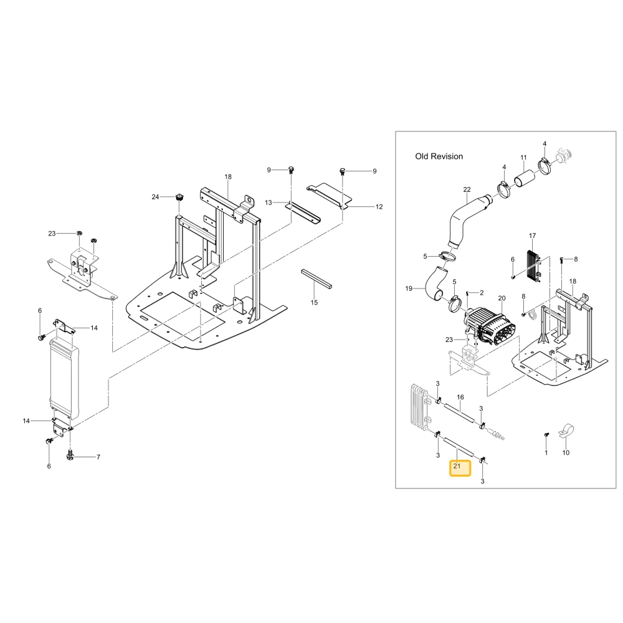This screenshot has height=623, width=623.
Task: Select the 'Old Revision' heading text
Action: (x=439, y=156)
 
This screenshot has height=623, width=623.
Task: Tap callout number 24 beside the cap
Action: (x=155, y=197)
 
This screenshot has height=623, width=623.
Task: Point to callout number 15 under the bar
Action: (x=314, y=303)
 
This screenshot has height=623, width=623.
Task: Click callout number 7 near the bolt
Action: (x=98, y=457)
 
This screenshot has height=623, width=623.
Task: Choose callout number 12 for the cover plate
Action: (x=379, y=207)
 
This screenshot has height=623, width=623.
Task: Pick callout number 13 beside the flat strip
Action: (x=269, y=202)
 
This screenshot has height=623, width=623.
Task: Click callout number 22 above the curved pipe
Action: (x=467, y=190)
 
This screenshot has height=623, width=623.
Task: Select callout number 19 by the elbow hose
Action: (x=409, y=289)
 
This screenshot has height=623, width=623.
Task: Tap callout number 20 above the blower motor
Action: (x=502, y=298)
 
